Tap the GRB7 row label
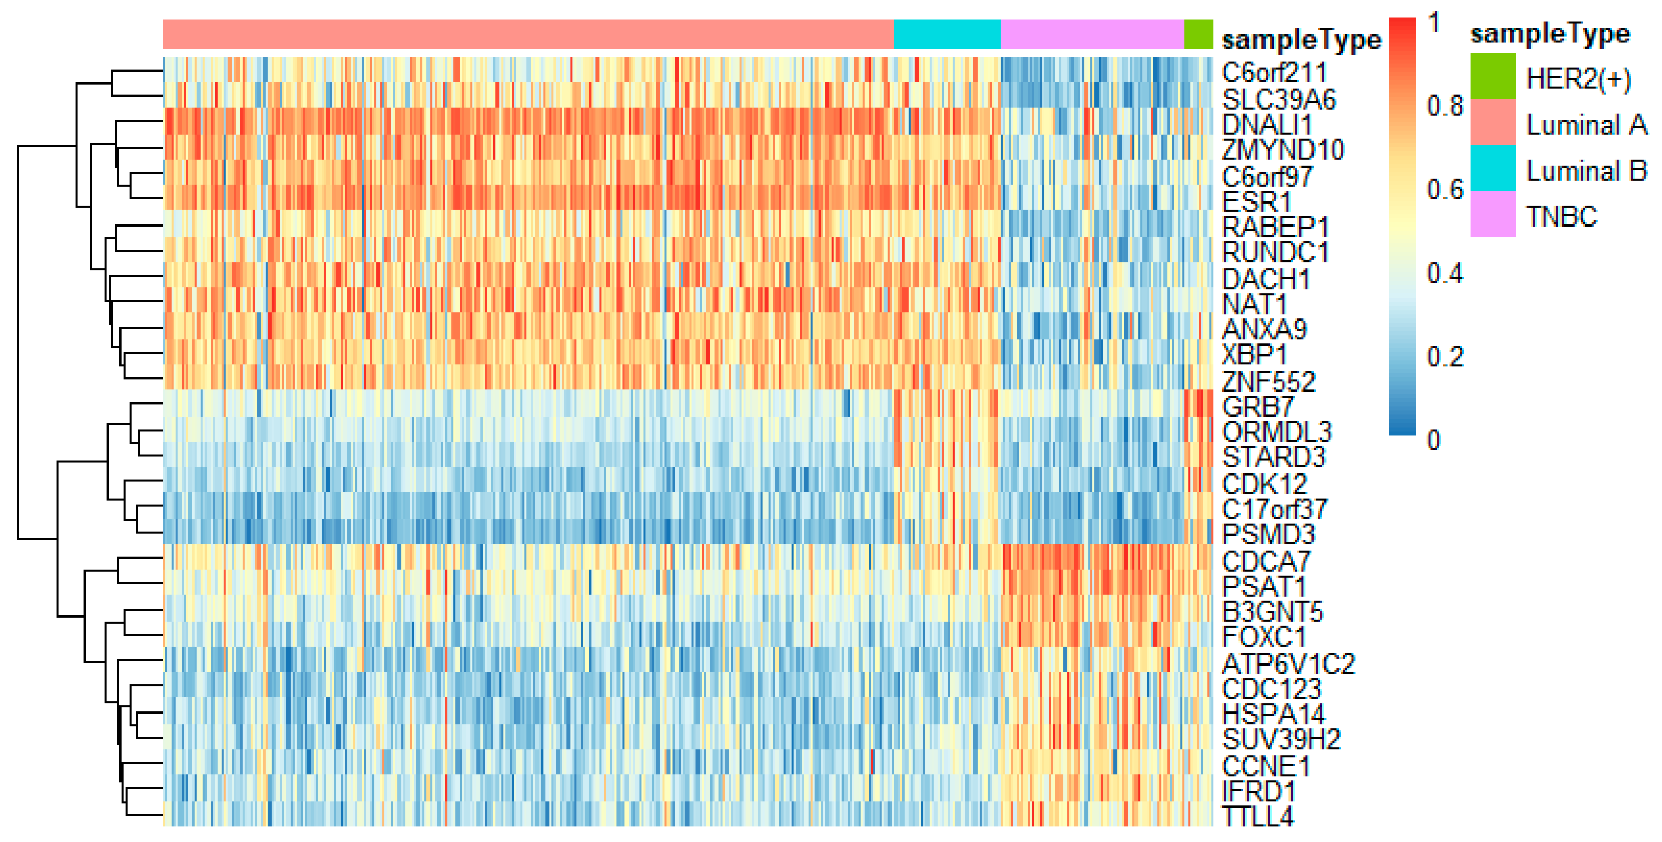[x=1258, y=407]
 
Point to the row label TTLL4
[x=1258, y=816]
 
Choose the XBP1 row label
[x=1254, y=354]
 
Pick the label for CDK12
[x=1264, y=483]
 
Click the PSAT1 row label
[x=1263, y=586]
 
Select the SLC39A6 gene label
[x=1278, y=99]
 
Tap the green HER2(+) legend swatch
[x=1492, y=76]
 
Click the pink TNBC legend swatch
[x=1492, y=214]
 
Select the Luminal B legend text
[x=1586, y=171]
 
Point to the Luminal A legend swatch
[x=1492, y=122]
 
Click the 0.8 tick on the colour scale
[x=1444, y=106]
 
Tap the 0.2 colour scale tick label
[x=1444, y=357]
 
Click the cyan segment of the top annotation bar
[x=946, y=34]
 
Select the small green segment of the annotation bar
[x=1198, y=34]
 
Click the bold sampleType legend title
[x=1550, y=33]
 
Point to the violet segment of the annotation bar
[x=1092, y=34]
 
